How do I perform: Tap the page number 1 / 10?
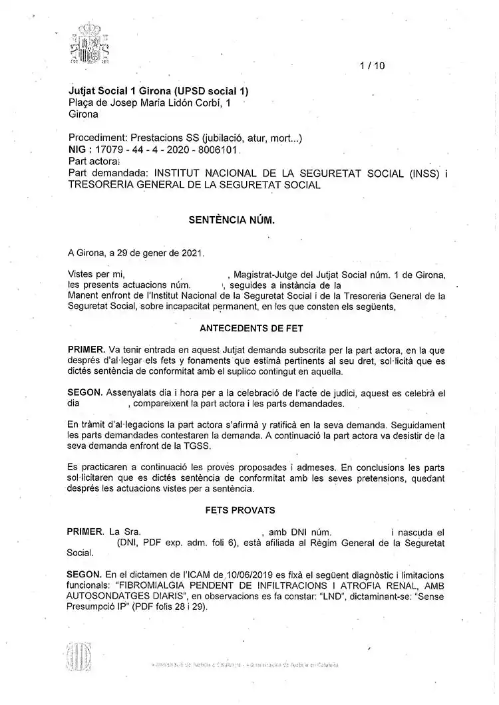(372, 65)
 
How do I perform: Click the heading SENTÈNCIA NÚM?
(232, 219)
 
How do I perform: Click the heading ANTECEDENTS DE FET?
(251, 329)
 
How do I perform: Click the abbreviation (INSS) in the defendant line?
(424, 173)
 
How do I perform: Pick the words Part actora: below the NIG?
(94, 161)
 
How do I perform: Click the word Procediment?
(98, 138)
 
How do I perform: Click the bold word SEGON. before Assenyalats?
(84, 392)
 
